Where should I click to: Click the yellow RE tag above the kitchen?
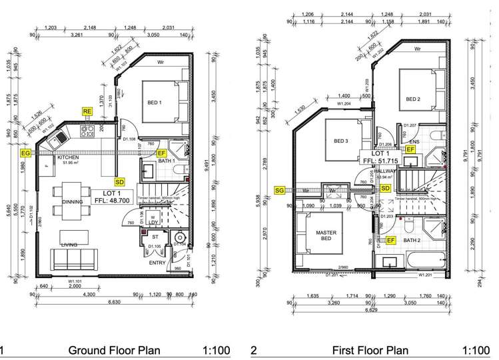[87, 111]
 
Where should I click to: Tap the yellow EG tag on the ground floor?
[26, 153]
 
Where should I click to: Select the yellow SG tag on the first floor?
[280, 190]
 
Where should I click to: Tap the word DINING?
[72, 202]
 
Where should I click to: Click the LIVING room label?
[69, 245]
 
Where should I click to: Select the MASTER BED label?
[324, 236]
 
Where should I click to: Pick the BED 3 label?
[340, 141]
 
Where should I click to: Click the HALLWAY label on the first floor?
[384, 171]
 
